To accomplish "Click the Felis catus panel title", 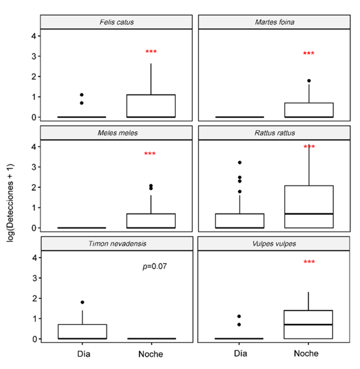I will (116, 22).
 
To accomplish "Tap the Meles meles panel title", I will (116, 133).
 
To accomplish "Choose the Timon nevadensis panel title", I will (116, 244).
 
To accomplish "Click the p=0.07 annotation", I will (155, 266).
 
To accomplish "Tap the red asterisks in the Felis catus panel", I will (151, 52).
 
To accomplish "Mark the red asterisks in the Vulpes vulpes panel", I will (309, 262).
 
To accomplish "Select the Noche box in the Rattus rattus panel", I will (309, 206).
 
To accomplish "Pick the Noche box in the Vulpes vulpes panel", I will (309, 325).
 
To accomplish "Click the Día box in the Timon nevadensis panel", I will (82, 331).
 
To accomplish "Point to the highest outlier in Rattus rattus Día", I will (240, 163).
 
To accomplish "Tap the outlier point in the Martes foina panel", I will (309, 80).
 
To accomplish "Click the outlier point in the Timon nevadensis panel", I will (82, 302).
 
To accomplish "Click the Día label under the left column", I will (82, 354).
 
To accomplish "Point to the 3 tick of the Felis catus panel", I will (33, 56).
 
